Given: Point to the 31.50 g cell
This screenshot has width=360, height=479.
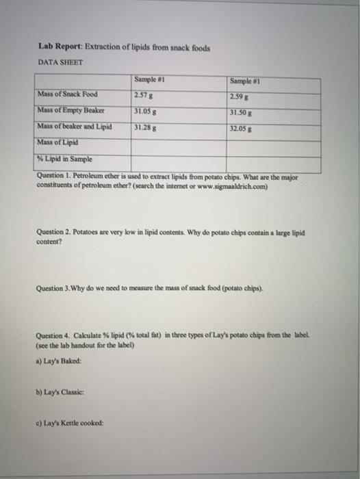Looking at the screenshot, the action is coord(243,112).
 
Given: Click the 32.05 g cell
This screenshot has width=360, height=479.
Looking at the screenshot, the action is coord(243,128).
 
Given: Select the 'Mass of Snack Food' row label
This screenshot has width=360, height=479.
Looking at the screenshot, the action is coord(68,94).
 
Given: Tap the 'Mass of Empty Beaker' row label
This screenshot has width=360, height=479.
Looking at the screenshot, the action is coord(70,109).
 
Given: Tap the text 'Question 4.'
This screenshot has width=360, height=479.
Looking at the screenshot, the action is coord(57,334).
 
